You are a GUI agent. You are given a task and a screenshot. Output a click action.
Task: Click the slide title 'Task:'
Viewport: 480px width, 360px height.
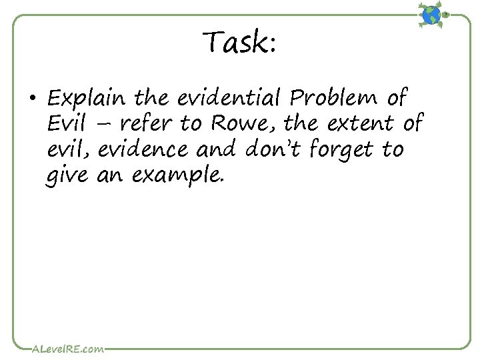tap(240, 43)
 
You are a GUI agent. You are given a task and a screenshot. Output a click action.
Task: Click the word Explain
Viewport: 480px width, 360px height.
tap(86, 99)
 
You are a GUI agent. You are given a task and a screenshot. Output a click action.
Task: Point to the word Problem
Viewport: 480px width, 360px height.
tap(337, 99)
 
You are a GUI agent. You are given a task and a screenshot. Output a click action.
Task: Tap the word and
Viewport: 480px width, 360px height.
tap(220, 150)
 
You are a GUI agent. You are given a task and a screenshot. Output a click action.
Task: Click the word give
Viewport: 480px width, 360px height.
tap(67, 177)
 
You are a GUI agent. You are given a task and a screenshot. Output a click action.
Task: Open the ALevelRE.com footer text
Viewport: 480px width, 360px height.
tap(67, 348)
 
